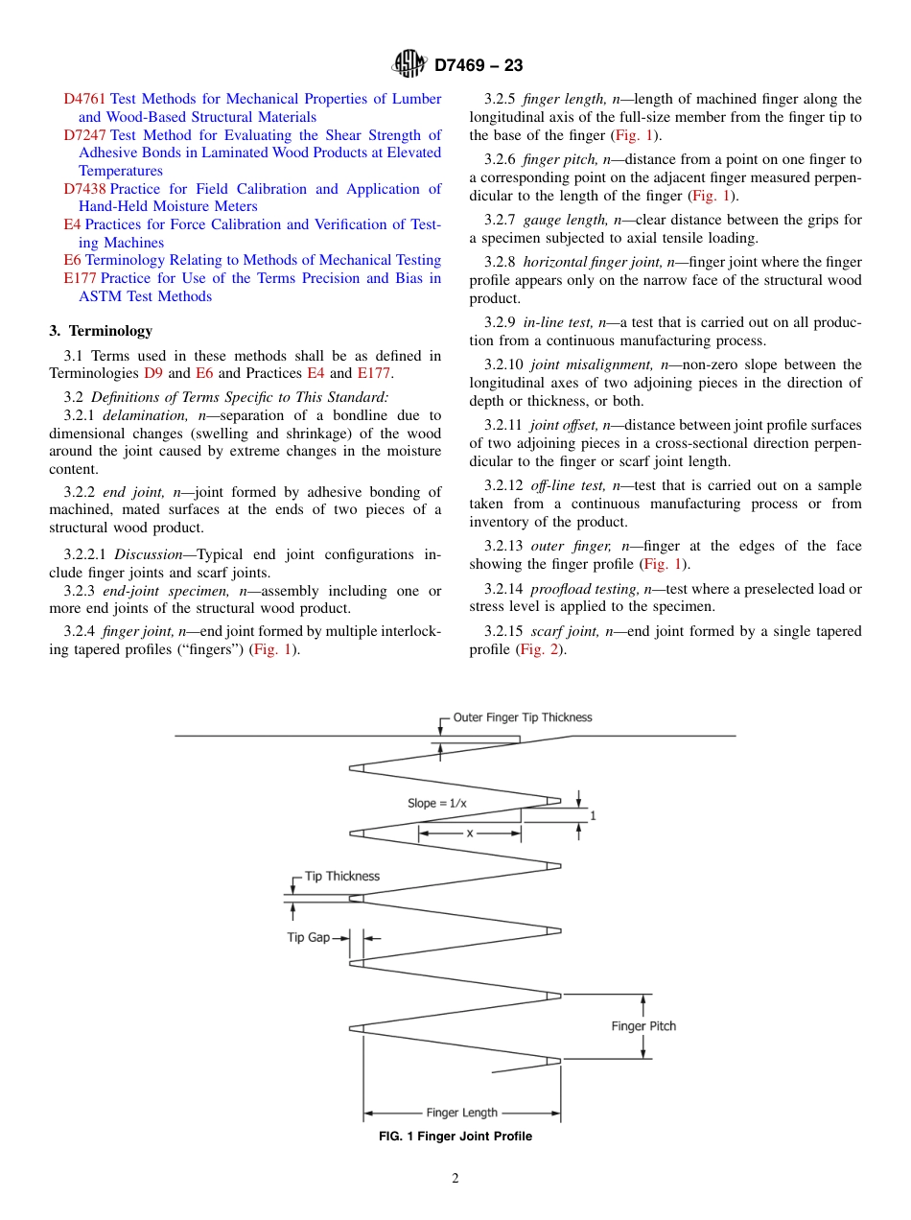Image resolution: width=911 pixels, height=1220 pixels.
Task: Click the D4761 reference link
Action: pos(84,99)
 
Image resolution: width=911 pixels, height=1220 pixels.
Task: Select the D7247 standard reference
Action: pos(84,135)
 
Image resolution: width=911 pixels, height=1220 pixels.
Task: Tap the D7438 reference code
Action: pos(84,189)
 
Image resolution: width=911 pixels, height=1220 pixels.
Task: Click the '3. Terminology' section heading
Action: pos(101,331)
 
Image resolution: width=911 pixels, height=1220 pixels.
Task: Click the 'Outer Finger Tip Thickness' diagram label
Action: pos(523,717)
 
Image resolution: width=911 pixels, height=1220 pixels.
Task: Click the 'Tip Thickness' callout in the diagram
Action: pos(341,876)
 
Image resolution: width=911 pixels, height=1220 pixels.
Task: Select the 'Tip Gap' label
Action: pos(308,937)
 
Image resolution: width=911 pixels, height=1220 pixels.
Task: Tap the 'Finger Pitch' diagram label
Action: pos(643,1026)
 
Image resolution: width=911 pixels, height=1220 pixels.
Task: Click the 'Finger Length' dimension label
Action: pos(461,1113)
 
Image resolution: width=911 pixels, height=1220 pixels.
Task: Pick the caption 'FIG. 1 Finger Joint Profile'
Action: pos(455,1137)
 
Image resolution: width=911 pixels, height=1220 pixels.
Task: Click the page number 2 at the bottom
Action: pos(455,1179)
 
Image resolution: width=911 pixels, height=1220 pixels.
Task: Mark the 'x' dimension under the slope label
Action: pos(470,833)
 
